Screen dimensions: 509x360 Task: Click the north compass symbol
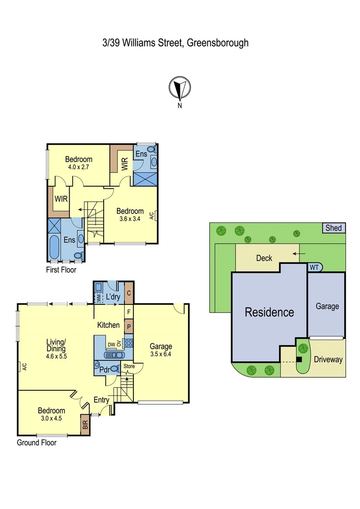tap(180, 88)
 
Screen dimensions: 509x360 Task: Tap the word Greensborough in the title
tap(218, 43)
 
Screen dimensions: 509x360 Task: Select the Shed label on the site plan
tap(333, 228)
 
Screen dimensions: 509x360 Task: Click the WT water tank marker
tap(314, 267)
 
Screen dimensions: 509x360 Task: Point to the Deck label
tap(264, 258)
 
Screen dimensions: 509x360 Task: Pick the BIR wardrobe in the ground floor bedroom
tap(85, 423)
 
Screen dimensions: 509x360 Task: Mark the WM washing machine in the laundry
tap(98, 297)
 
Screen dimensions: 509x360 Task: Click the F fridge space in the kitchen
tap(128, 312)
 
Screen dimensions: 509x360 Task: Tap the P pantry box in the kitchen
tap(128, 326)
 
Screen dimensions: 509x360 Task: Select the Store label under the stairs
tap(128, 366)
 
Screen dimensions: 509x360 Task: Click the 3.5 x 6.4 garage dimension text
tap(161, 354)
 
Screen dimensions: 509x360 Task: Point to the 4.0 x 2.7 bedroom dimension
tap(79, 167)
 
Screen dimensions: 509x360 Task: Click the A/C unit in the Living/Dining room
tap(21, 366)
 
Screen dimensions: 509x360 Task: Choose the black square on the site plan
tap(299, 359)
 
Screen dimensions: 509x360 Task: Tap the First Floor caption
tap(61, 270)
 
